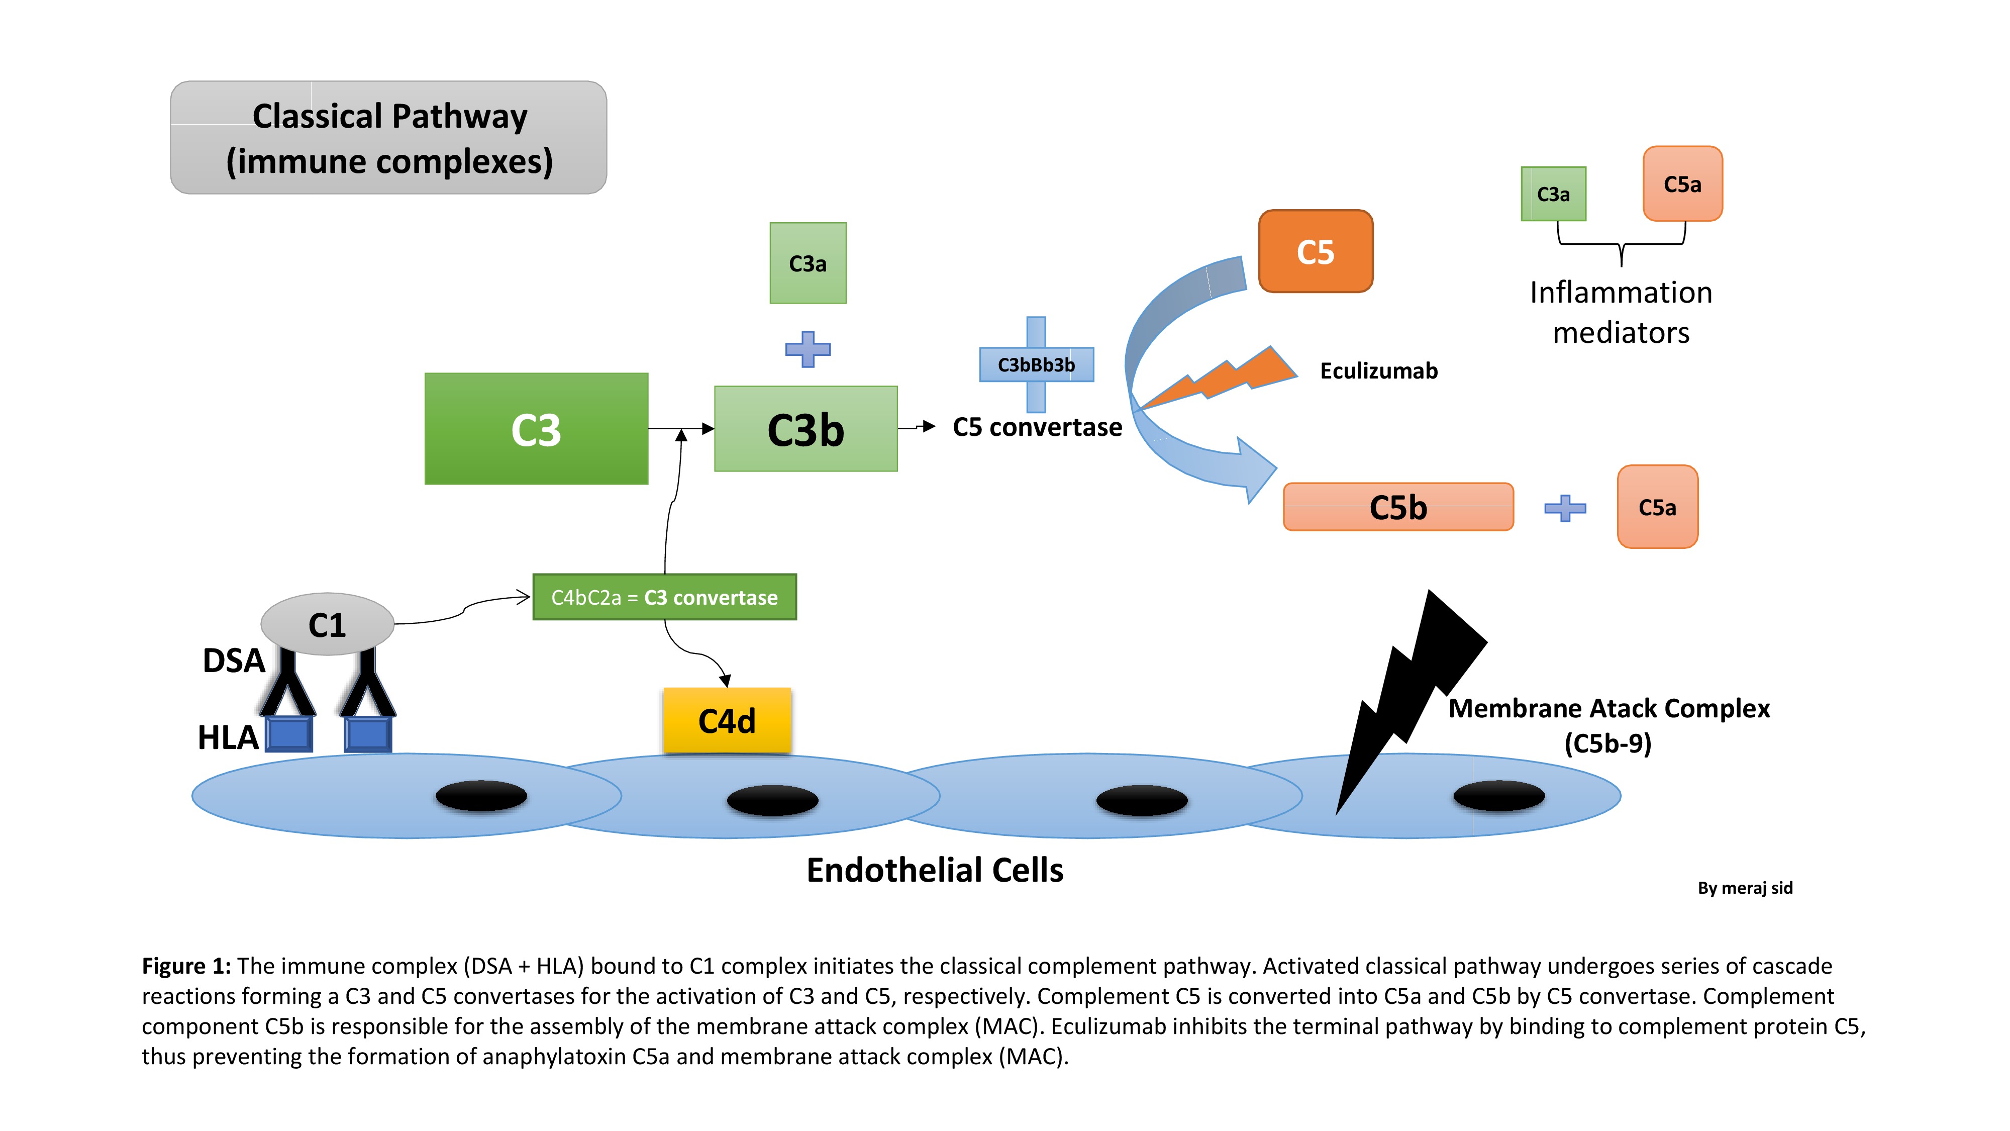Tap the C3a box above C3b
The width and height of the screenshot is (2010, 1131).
808,263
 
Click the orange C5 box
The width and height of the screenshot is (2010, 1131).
1316,251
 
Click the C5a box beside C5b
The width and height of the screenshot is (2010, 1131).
1657,507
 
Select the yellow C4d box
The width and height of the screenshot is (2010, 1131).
727,720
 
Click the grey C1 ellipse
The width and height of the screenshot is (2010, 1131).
327,624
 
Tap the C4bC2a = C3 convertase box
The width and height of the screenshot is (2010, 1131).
664,597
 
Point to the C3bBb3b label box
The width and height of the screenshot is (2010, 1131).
1036,364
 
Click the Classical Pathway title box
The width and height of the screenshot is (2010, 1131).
388,137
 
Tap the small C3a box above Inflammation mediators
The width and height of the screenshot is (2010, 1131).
1553,194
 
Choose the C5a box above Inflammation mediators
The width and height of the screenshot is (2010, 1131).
1682,184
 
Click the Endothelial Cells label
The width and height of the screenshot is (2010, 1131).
935,870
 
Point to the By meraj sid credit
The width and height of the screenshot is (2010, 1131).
1745,888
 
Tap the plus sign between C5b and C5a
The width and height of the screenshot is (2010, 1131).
1564,508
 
